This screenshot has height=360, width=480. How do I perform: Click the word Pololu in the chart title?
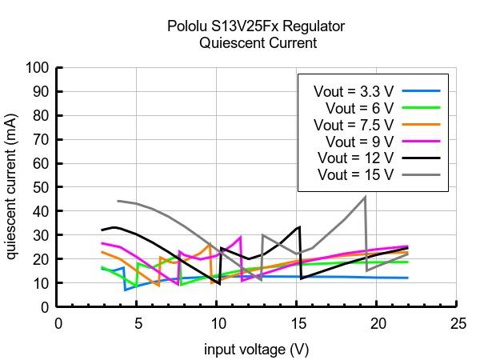tap(188, 26)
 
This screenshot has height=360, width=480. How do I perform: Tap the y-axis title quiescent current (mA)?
tap(11, 187)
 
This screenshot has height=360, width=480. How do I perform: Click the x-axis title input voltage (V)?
tap(256, 350)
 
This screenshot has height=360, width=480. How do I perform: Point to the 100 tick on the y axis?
tap(38, 68)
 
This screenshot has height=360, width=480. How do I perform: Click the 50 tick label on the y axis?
tap(42, 187)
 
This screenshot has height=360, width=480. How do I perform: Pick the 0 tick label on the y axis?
tap(46, 307)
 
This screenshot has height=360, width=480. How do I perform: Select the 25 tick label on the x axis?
tap(457, 323)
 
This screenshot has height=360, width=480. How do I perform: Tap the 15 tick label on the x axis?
tap(297, 323)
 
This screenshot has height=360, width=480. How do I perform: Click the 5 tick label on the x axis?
tap(137, 323)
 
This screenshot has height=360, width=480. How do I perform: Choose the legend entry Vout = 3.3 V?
tap(353, 91)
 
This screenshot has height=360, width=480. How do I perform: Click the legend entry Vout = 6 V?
tap(359, 108)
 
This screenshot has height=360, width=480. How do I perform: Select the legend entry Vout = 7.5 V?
tap(353, 125)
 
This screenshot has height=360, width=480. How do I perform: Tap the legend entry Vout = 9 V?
tap(359, 142)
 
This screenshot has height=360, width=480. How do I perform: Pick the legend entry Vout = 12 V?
tap(356, 158)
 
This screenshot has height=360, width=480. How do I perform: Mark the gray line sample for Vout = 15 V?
tap(422, 174)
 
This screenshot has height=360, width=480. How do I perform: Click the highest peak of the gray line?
tap(365, 197)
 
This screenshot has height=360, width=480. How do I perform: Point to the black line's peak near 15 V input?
tap(299, 226)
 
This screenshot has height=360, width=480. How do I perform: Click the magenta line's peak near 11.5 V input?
tap(241, 237)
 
